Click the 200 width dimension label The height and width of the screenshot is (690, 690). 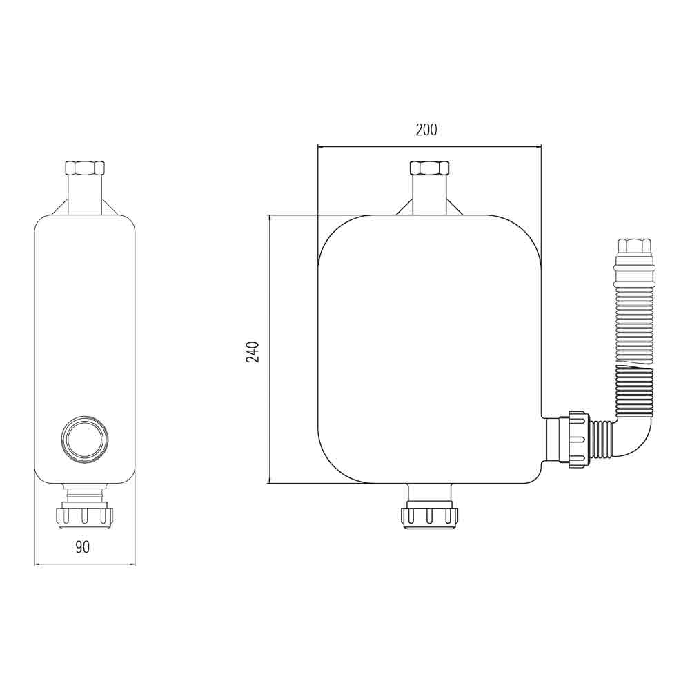pyautogui.click(x=426, y=129)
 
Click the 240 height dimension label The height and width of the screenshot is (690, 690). pyautogui.click(x=253, y=351)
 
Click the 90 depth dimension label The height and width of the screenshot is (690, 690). pyautogui.click(x=83, y=547)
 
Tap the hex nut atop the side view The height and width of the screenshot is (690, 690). pyautogui.click(x=84, y=168)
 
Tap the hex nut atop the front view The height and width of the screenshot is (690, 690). pyautogui.click(x=429, y=168)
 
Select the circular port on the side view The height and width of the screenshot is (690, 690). pyautogui.click(x=84, y=438)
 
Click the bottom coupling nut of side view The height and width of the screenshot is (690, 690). pyautogui.click(x=84, y=515)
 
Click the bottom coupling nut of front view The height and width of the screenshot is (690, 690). pyautogui.click(x=429, y=516)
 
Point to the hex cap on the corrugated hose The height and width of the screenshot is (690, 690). pyautogui.click(x=633, y=246)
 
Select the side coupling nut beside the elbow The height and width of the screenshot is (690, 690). pyautogui.click(x=577, y=439)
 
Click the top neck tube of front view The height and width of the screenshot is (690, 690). pyautogui.click(x=429, y=195)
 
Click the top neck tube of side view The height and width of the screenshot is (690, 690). pyautogui.click(x=84, y=195)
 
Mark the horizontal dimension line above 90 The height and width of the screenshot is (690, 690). pyautogui.click(x=84, y=564)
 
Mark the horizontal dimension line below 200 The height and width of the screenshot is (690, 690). pyautogui.click(x=429, y=146)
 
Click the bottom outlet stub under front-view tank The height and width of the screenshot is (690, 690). pyautogui.click(x=429, y=494)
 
